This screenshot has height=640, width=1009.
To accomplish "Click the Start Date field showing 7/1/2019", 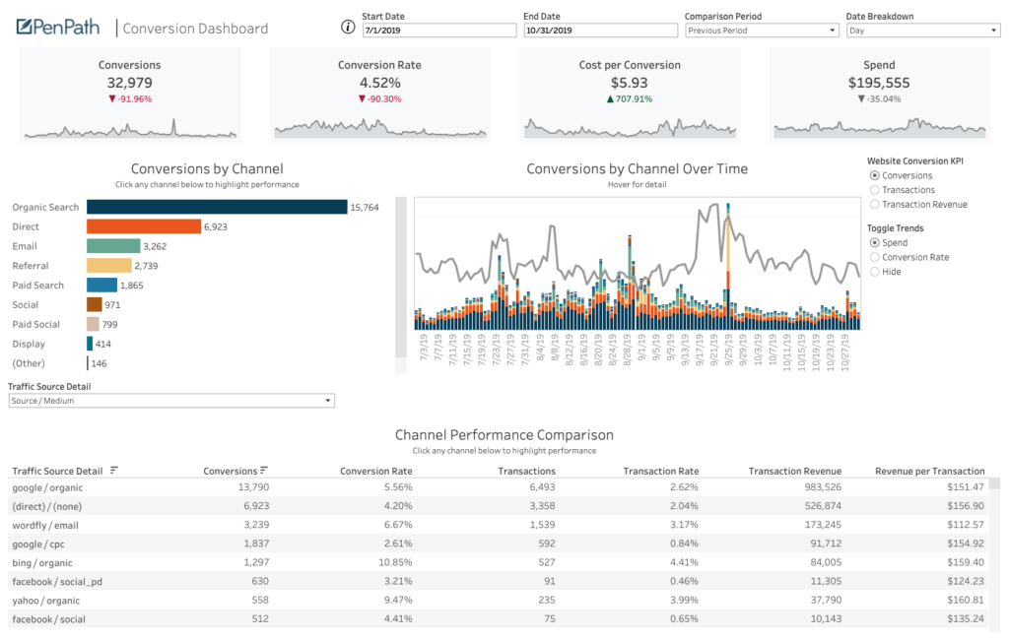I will point(437,31).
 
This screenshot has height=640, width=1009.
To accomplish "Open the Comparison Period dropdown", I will point(761,31).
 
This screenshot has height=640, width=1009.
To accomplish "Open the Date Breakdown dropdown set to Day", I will point(922,31).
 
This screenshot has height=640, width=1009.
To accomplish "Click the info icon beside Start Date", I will point(347,27).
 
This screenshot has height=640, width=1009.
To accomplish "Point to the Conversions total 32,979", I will point(129,83).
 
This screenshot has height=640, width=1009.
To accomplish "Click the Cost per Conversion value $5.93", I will point(629,83).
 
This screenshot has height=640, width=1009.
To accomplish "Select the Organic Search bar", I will point(217,207).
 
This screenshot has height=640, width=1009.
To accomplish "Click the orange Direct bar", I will point(144,226).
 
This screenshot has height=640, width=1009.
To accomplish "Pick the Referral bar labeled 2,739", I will point(108,266).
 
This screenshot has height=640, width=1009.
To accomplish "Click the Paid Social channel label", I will point(35,324).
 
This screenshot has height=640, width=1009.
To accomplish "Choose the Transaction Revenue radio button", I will point(875,205).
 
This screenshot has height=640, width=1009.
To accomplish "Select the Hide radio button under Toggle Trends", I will point(875,272).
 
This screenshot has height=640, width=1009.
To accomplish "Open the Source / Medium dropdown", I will point(171,401).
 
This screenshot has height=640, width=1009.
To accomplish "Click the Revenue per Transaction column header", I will point(929,471).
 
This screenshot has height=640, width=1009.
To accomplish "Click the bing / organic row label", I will point(44,562).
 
